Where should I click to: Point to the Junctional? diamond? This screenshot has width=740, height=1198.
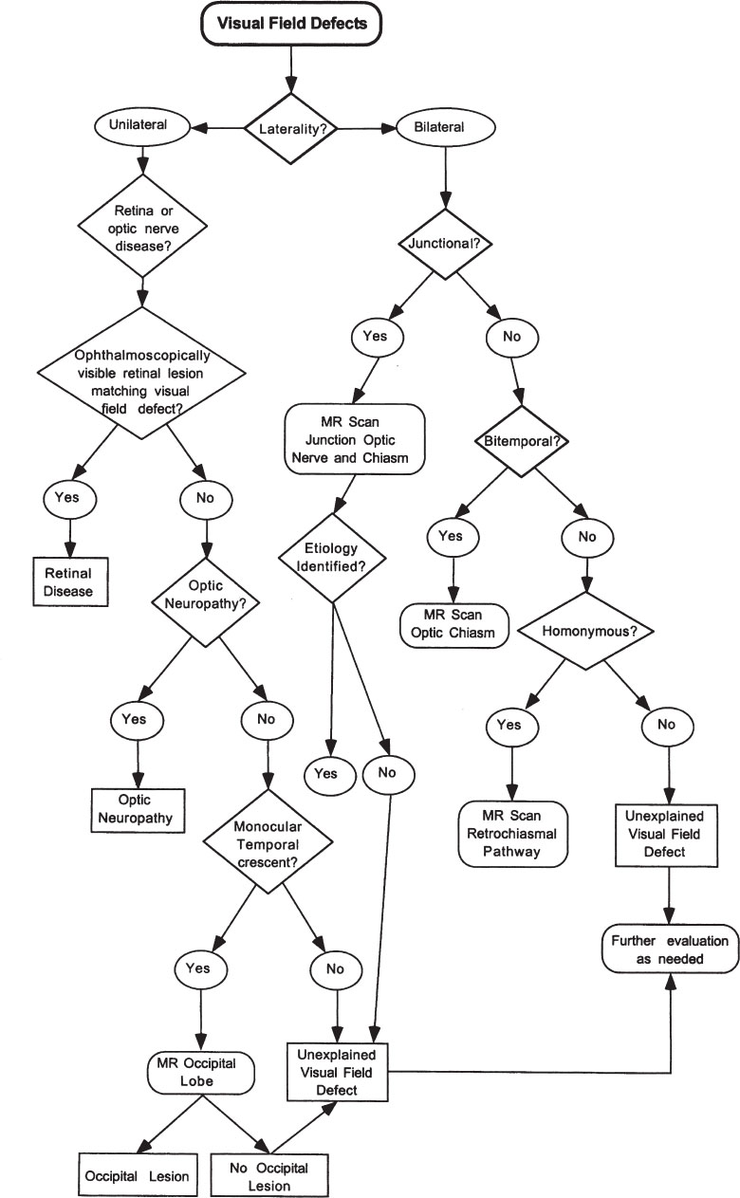click(x=442, y=244)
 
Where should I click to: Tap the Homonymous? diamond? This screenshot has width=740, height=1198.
click(x=587, y=629)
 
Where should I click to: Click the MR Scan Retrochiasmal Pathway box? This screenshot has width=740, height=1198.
click(x=511, y=833)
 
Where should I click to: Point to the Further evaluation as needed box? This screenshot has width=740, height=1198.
click(x=670, y=949)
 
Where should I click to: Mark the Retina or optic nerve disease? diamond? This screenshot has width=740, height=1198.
click(x=141, y=227)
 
